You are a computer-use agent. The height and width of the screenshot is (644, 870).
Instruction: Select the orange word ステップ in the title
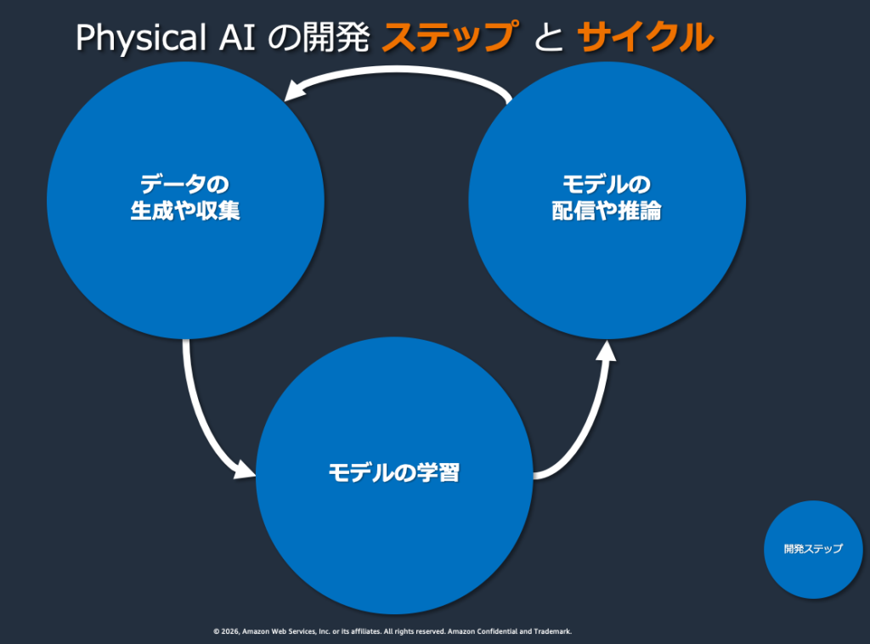coord(449,37)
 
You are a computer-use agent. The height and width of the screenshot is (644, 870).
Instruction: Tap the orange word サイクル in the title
coord(644,37)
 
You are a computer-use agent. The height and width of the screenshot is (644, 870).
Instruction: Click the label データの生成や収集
coord(185,197)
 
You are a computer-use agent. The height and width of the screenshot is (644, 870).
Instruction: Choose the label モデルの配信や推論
coord(607,197)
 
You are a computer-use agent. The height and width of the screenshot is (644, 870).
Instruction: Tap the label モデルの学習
coord(393,472)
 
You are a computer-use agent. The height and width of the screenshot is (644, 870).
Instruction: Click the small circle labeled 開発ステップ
coord(813,549)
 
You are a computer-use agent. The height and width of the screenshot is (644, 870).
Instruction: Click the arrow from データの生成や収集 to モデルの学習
coord(199,408)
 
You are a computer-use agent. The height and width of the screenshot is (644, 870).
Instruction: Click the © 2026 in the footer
coord(226,632)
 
